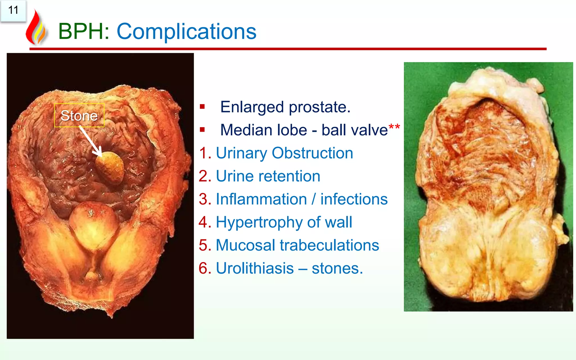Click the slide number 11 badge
click(13, 11)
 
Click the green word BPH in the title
click(80, 31)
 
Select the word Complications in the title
click(186, 31)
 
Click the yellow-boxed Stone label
click(79, 115)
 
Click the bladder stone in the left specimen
click(110, 167)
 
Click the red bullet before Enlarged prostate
click(202, 107)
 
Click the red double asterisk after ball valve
click(394, 127)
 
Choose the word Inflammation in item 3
click(261, 199)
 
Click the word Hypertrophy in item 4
click(259, 222)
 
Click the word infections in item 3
click(354, 199)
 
